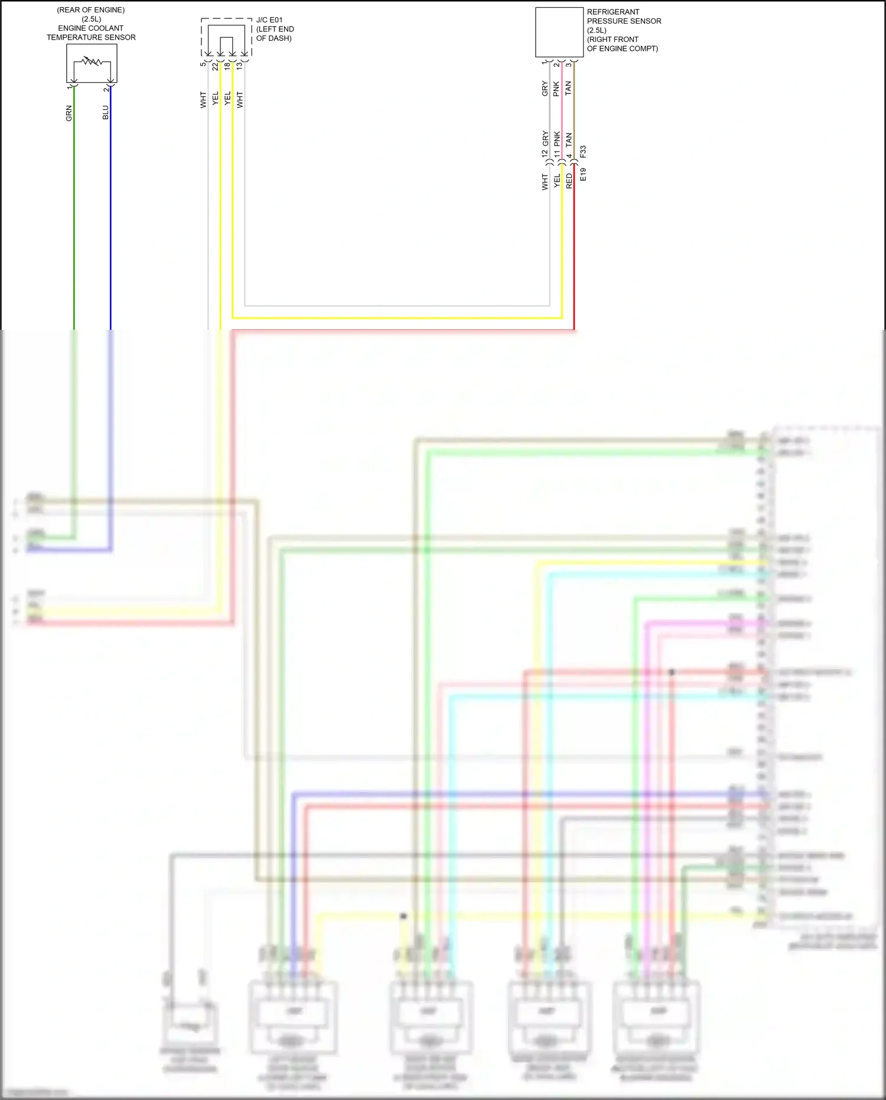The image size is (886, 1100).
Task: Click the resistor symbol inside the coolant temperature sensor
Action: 92,61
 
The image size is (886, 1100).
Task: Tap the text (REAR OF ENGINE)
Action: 91,10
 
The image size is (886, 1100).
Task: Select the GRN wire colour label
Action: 69,113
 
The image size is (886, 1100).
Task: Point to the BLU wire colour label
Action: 106,112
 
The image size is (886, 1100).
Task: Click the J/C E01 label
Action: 269,20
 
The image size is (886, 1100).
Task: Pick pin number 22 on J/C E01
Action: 216,67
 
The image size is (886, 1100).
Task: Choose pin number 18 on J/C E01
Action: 227,67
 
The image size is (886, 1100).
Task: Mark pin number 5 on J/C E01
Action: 203,64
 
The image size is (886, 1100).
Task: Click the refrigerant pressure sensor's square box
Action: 559,33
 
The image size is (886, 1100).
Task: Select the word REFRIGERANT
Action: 613,12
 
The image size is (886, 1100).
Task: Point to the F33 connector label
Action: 583,151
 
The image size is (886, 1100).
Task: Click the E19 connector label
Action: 583,174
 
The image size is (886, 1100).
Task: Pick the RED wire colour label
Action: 569,181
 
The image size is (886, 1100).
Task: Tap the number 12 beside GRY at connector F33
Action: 545,153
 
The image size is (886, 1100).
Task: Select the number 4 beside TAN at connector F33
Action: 569,157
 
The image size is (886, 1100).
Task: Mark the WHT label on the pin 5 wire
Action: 203,99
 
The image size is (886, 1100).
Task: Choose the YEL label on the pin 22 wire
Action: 216,98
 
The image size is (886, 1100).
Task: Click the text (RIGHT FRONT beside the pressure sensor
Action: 613,40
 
